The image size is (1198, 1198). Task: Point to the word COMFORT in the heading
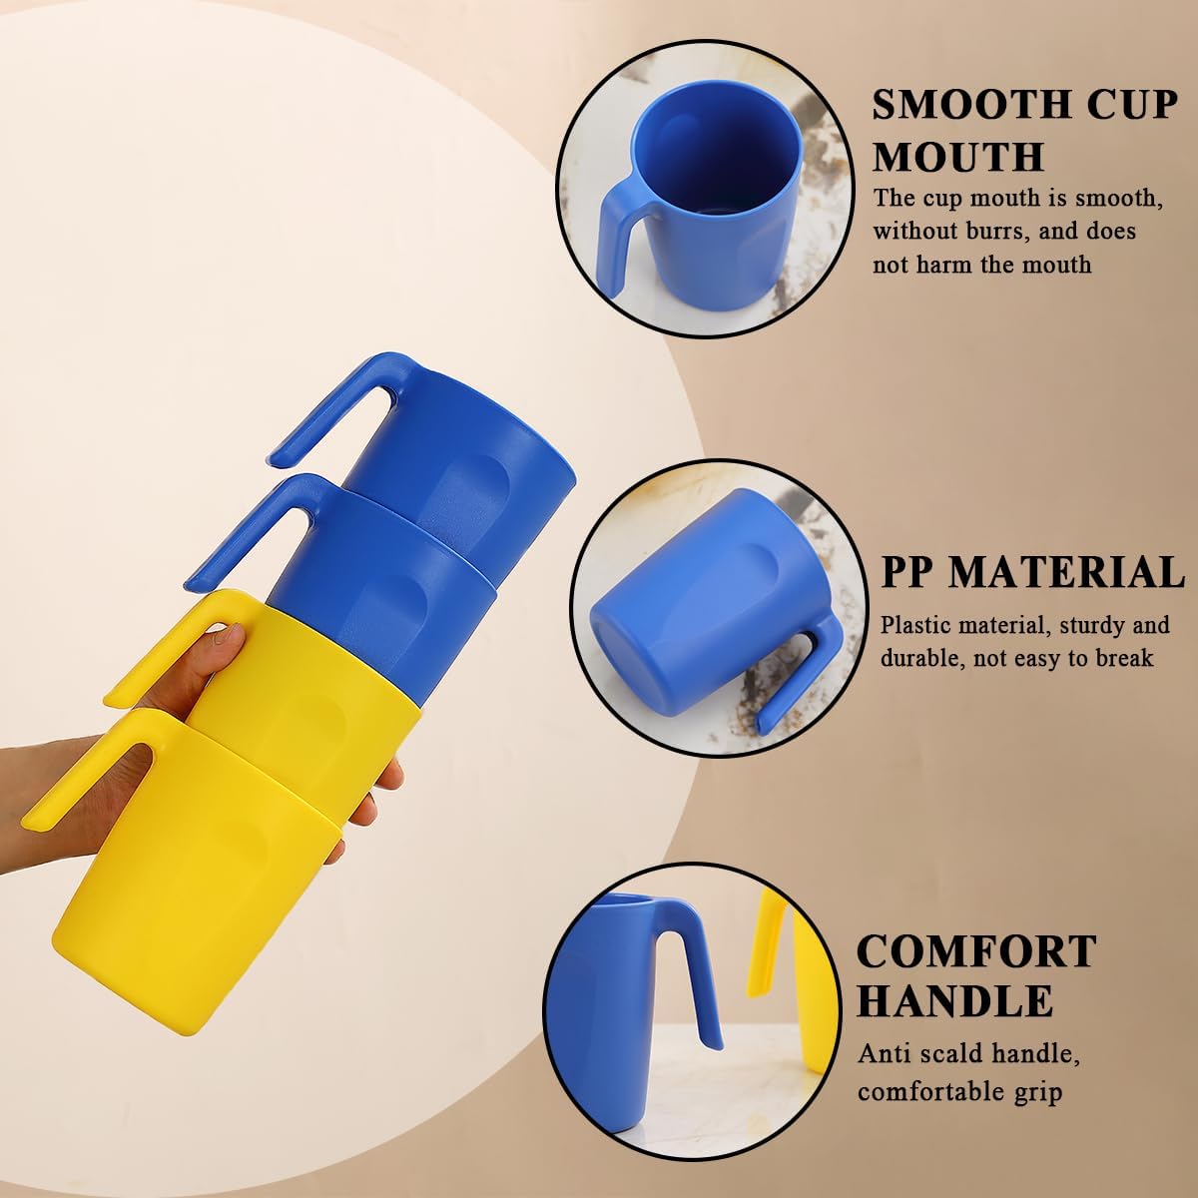[976, 951]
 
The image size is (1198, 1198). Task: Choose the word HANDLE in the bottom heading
[954, 999]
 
